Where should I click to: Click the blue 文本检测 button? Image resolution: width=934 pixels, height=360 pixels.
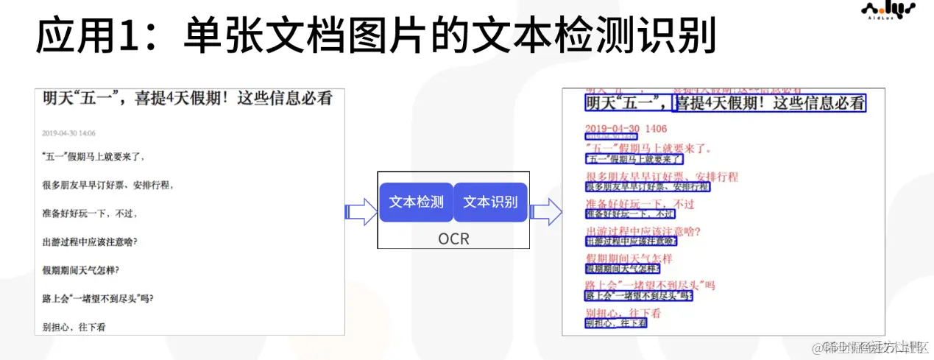[416, 202]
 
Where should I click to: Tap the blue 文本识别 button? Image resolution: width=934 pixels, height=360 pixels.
[490, 202]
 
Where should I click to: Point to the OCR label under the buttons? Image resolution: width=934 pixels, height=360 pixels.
[453, 239]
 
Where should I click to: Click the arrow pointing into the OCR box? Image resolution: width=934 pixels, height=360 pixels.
[361, 212]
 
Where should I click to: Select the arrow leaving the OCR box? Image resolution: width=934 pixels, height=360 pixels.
[545, 212]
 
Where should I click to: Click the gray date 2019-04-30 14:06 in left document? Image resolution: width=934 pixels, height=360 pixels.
[69, 133]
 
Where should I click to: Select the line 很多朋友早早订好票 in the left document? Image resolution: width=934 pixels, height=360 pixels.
[107, 185]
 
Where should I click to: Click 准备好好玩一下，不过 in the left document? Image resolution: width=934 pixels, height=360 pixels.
[90, 213]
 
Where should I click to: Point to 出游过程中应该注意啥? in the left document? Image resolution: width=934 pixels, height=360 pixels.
[90, 241]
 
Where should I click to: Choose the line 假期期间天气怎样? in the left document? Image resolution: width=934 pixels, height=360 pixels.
[81, 270]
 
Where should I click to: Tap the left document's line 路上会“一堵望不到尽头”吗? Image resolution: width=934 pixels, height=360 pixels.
[98, 298]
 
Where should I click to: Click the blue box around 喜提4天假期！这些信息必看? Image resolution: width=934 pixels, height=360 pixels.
[769, 104]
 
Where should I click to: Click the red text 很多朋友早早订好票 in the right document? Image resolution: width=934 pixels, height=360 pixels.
[661, 177]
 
